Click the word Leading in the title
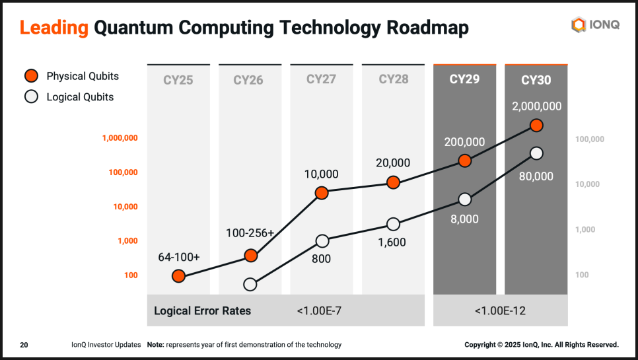tap(53, 28)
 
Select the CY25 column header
tap(178, 81)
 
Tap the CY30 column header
tap(536, 81)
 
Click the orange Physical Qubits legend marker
tap(31, 76)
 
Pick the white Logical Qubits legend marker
tap(31, 97)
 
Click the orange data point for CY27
tap(322, 193)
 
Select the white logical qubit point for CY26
tap(250, 285)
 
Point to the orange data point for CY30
tap(536, 126)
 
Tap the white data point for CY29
tap(465, 199)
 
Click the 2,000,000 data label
tap(536, 106)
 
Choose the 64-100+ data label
tap(178, 257)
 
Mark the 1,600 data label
tap(392, 242)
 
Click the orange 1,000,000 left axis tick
tap(120, 138)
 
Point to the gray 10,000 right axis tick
tap(588, 184)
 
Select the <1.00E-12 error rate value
tap(500, 310)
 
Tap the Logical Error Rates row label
tap(202, 310)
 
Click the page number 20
tap(24, 345)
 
